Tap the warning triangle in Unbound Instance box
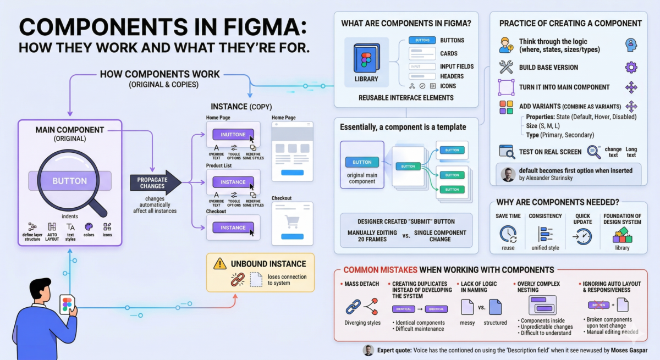tap(220, 263)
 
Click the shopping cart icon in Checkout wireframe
tap(291, 220)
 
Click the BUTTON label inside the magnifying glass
tap(69, 181)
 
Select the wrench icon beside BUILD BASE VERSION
tap(506, 67)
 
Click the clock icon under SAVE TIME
tap(508, 234)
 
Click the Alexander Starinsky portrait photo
tap(508, 174)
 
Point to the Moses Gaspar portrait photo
tap(369, 350)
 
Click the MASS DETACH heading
tap(362, 284)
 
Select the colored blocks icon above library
tap(622, 235)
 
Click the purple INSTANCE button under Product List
tap(233, 182)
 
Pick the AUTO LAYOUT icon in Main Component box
tap(52, 226)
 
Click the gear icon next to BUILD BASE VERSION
tap(631, 67)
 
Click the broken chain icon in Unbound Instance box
tap(237, 279)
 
